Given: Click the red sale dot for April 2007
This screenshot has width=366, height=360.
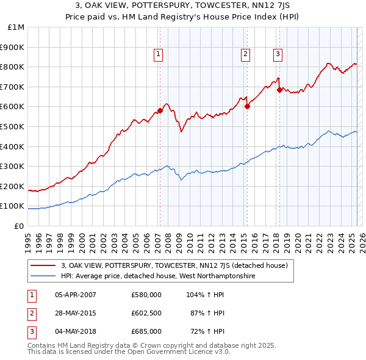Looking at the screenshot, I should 160,110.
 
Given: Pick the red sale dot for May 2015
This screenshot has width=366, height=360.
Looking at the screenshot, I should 248,106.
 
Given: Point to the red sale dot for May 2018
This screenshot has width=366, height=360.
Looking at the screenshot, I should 279,90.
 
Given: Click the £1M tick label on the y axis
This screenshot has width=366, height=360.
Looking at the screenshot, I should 16,27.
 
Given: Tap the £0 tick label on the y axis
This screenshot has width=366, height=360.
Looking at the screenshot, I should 20,226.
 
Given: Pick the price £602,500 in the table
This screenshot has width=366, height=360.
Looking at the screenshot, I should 146,313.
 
